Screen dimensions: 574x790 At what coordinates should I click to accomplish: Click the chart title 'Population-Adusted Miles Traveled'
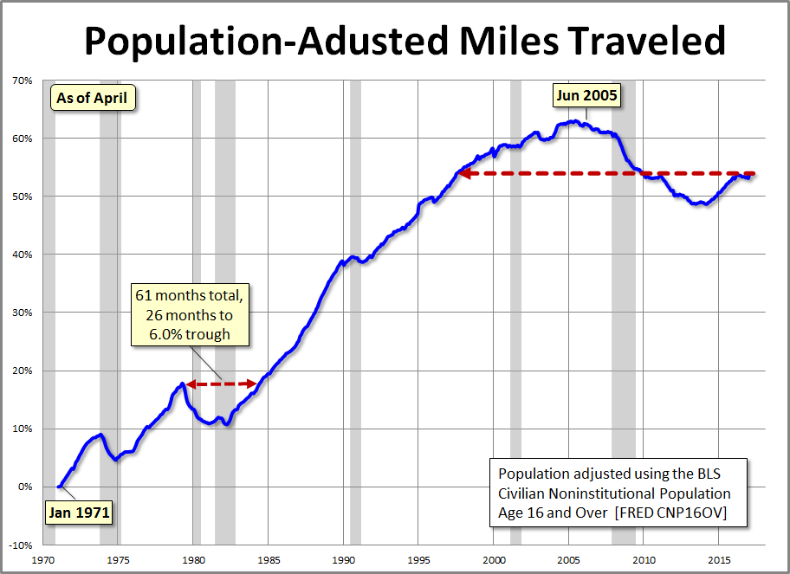(x=404, y=41)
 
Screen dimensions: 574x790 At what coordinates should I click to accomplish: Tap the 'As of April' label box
(x=92, y=98)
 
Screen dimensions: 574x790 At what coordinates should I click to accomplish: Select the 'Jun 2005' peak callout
(x=586, y=95)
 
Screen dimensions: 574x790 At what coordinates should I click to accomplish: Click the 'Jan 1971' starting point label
(x=80, y=512)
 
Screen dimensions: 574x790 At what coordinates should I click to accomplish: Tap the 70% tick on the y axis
(x=22, y=81)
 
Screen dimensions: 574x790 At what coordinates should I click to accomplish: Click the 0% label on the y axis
(x=25, y=487)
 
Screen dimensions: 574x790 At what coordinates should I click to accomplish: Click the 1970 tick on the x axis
(x=43, y=558)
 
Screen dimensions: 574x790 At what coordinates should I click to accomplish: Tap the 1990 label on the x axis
(x=343, y=558)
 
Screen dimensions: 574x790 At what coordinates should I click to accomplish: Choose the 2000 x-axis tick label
(x=493, y=558)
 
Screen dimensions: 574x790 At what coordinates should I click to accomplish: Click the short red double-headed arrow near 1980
(x=220, y=384)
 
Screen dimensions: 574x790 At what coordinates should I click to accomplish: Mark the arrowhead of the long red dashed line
(x=463, y=173)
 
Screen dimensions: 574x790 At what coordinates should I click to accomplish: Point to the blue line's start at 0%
(x=59, y=487)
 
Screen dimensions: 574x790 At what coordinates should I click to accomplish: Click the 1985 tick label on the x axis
(x=269, y=558)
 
